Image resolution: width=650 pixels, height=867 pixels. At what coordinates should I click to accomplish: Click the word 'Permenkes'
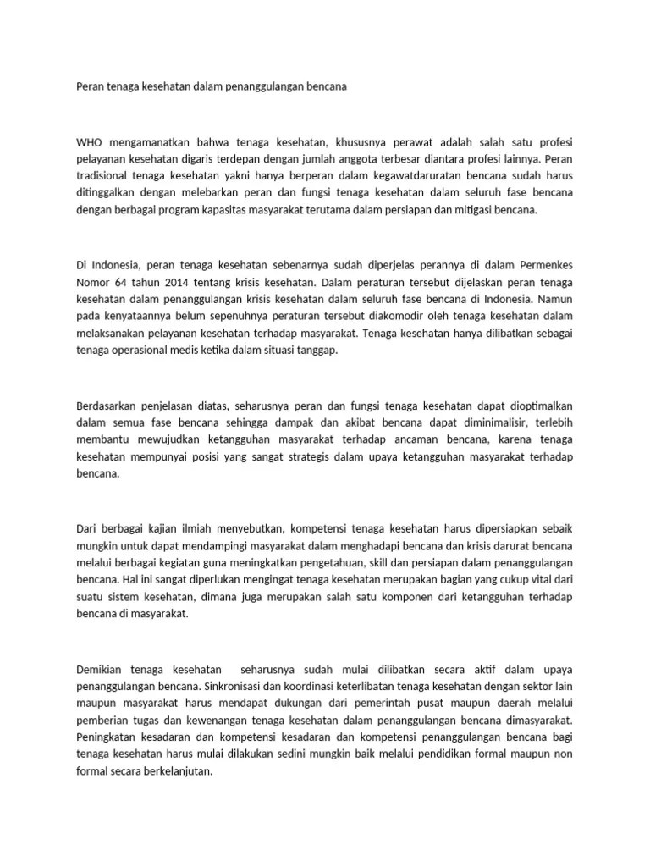545,264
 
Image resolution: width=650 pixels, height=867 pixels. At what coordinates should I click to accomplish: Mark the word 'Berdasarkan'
106,406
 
